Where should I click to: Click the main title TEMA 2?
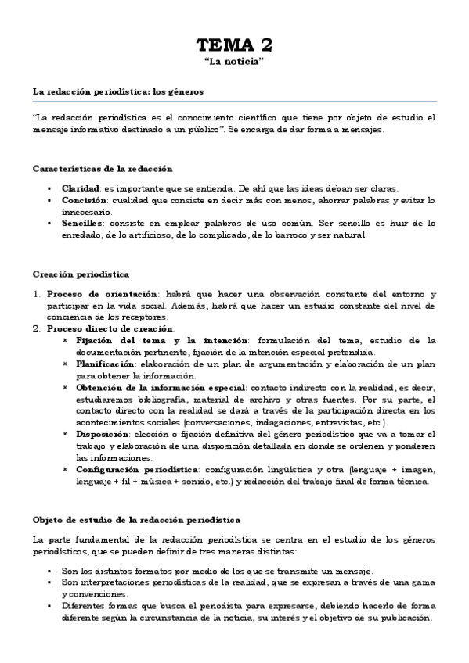coord(234,44)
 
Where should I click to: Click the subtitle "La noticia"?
coord(234,61)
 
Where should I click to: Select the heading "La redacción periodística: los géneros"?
coord(117,91)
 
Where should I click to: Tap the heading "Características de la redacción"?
coord(103,169)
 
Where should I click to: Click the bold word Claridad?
coord(81,188)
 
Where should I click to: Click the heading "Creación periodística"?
coord(75,274)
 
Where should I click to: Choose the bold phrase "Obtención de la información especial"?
coord(160,388)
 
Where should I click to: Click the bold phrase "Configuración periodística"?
coord(135,470)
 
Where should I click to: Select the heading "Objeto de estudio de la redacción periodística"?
coord(136,520)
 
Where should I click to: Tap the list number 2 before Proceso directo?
coord(36,329)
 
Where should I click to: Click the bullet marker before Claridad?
coord(49,189)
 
